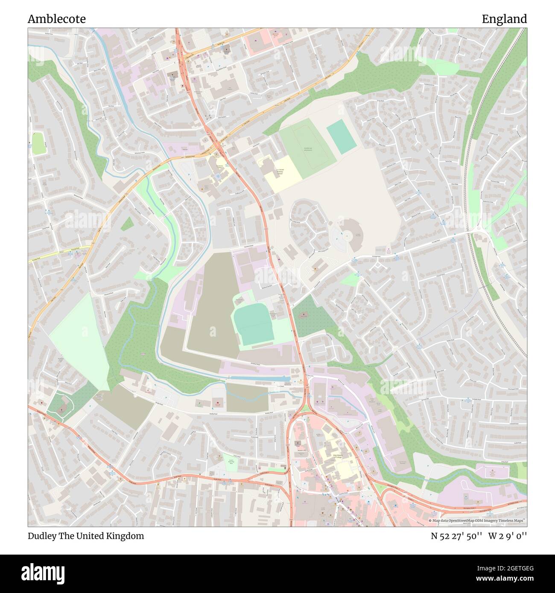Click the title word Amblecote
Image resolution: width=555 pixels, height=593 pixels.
[57, 19]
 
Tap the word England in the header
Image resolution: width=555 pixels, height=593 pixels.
[504, 19]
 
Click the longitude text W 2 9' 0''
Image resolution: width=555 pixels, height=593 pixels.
[508, 536]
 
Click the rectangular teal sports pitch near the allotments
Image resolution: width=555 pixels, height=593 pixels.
[341, 136]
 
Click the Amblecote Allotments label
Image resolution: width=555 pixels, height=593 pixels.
[310, 149]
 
